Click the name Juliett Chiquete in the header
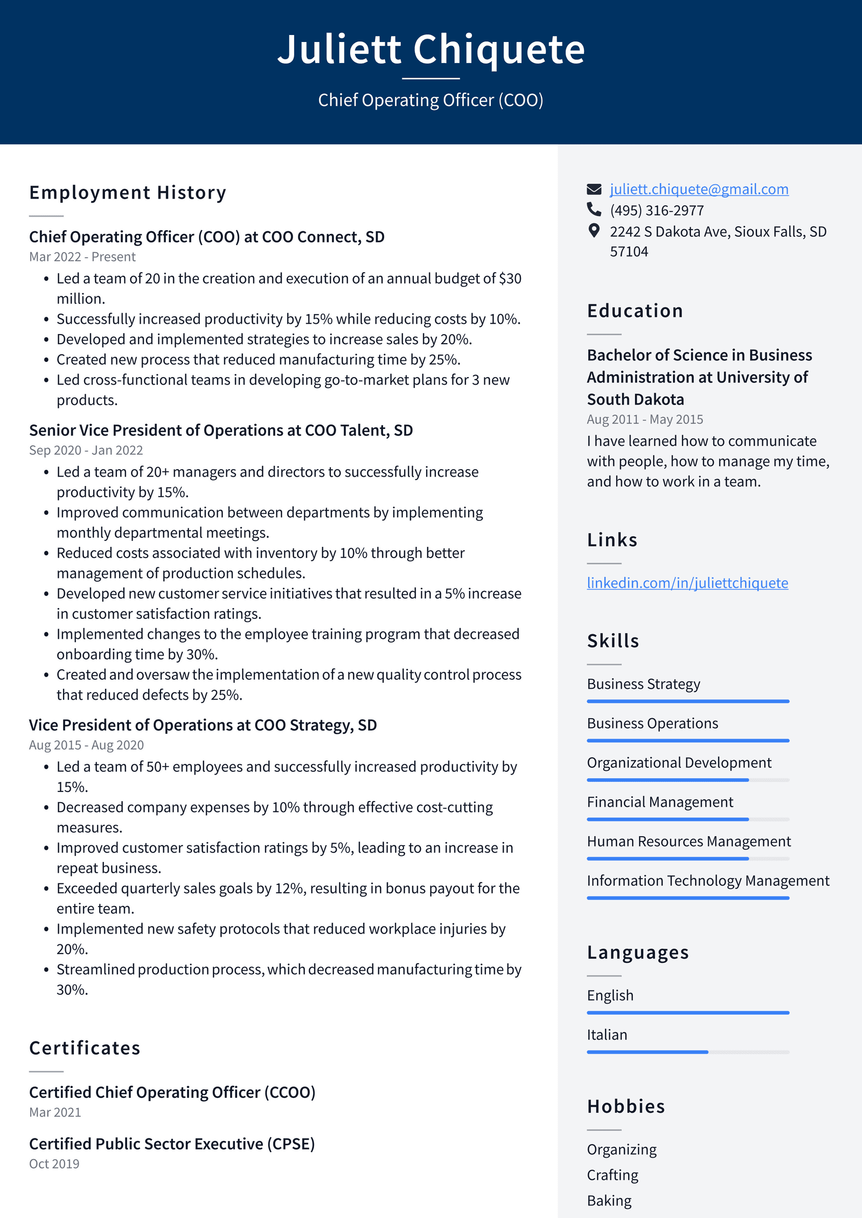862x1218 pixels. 431,50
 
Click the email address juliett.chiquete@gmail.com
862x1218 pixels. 699,189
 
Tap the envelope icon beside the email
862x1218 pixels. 594,189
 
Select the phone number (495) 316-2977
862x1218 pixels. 656,211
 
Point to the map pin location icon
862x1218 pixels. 594,231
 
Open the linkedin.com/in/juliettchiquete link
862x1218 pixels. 687,583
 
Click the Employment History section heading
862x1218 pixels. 128,193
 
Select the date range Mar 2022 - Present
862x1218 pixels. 82,257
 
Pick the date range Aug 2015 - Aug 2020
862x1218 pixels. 86,745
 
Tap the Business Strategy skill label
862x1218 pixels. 643,684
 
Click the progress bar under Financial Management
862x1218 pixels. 687,819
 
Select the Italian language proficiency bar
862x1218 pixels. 687,1052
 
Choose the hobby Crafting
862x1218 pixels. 613,1175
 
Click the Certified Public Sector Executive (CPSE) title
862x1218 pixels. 172,1144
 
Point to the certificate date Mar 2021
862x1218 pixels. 55,1112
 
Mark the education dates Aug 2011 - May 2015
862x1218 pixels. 645,420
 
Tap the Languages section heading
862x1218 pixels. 638,952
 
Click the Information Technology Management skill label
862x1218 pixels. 708,881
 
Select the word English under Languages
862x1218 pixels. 610,996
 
